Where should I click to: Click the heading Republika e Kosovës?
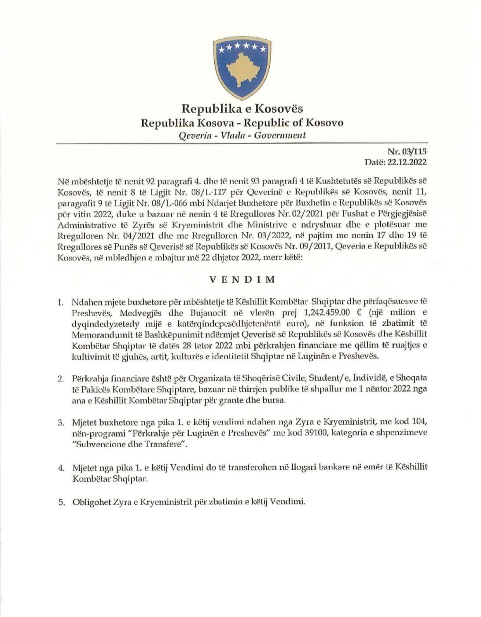(242, 108)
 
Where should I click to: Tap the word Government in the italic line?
(280, 136)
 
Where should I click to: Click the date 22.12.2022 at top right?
(407, 162)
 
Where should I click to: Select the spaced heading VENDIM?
(242, 279)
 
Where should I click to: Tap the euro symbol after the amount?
(360, 312)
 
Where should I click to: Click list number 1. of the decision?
(61, 303)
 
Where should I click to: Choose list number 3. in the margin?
(61, 423)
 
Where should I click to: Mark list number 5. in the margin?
(62, 503)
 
